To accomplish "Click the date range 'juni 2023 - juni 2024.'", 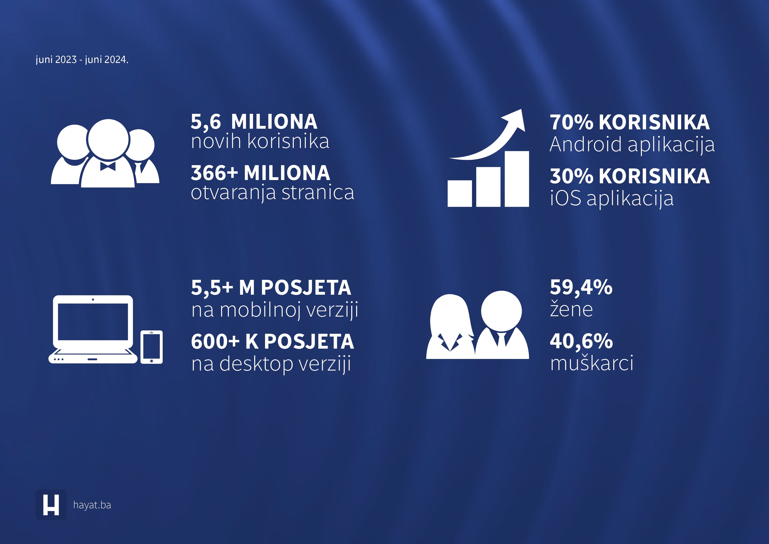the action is click(82, 60).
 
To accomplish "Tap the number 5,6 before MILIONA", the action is click(206, 122).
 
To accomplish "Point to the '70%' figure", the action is click(571, 122).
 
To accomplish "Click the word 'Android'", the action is click(586, 144).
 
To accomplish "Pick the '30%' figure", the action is click(571, 176).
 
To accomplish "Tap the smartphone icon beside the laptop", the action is click(151, 347).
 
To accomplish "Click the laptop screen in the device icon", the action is click(93, 322).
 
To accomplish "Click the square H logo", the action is click(51, 505).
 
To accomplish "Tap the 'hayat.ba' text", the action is click(92, 505).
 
